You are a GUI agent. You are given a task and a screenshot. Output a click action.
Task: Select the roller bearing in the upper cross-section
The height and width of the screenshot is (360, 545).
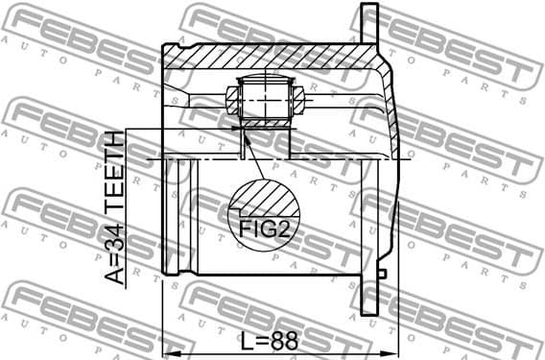(264, 97)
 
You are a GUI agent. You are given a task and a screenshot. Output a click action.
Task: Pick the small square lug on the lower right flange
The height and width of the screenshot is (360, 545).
(382, 275)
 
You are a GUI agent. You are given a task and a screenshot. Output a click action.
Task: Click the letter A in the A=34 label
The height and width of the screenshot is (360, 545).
(115, 277)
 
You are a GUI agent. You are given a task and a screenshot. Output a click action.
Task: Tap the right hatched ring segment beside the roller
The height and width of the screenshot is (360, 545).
(298, 98)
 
